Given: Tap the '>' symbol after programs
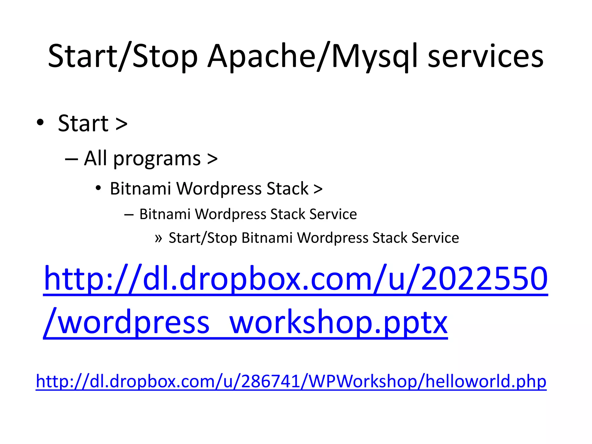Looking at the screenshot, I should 212,159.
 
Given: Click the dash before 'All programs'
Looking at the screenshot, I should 71,159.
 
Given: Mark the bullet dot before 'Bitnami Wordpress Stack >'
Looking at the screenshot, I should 98,188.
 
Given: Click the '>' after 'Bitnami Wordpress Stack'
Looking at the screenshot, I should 318,189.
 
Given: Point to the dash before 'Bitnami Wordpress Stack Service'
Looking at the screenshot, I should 129,214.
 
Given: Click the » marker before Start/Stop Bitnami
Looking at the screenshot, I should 158,238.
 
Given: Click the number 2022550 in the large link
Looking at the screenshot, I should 484,279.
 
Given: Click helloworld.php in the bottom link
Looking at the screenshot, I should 486,381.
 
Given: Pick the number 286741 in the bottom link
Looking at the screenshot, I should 270,381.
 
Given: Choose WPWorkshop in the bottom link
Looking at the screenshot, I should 363,381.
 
